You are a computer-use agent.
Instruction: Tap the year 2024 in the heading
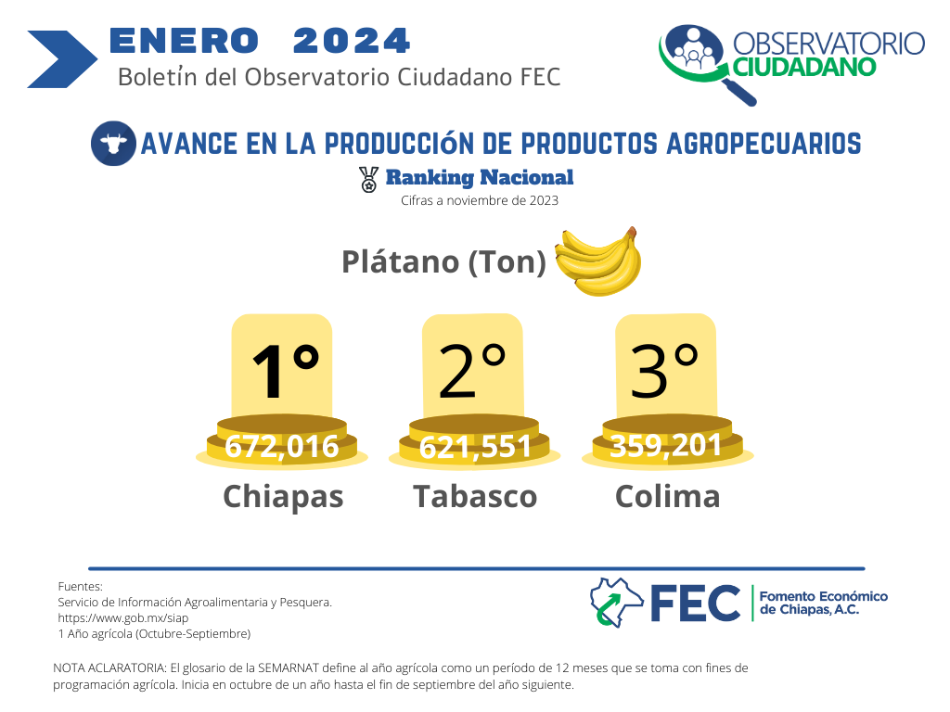point(352,41)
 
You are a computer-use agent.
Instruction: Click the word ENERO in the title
point(185,41)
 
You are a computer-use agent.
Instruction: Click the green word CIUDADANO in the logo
point(804,67)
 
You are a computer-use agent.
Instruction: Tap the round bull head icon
point(113,144)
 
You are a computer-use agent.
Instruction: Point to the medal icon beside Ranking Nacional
point(368,180)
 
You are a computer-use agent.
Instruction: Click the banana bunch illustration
point(598,261)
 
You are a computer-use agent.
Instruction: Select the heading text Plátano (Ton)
point(444,261)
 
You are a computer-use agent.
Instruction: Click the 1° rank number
point(286,371)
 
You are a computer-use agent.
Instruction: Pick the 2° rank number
point(472,371)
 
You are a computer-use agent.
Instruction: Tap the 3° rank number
point(664,371)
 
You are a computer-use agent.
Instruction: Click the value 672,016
point(282,447)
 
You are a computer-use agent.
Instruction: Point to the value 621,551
point(475,448)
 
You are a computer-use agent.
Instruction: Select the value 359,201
point(665,446)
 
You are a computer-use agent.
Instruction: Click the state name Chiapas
point(283,498)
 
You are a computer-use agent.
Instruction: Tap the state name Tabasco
point(475,497)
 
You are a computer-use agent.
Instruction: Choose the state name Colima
point(668,497)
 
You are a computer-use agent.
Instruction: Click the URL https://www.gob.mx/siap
point(123,618)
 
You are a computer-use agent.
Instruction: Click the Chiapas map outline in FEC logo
point(616,603)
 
